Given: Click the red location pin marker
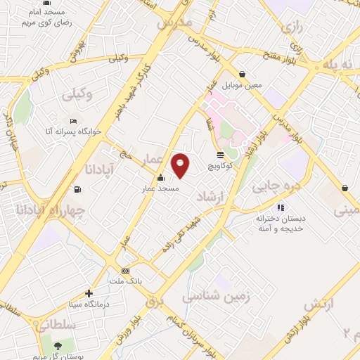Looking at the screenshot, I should pyautogui.click(x=181, y=165).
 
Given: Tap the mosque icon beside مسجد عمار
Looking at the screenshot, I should pyautogui.click(x=161, y=178).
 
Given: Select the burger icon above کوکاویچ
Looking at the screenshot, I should pyautogui.click(x=221, y=155).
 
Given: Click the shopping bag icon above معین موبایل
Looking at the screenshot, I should pyautogui.click(x=242, y=74).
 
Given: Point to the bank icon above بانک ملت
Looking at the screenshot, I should pyautogui.click(x=125, y=271).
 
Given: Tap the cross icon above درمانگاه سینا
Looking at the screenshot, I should pyautogui.click(x=89, y=294).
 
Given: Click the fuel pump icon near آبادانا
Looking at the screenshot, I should pyautogui.click(x=77, y=188).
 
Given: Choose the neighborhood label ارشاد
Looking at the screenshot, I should pyautogui.click(x=214, y=193).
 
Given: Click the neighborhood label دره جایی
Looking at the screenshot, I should pyautogui.click(x=268, y=186).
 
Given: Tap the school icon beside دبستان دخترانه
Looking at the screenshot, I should pyautogui.click(x=281, y=207).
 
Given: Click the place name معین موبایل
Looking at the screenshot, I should pyautogui.click(x=242, y=86).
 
